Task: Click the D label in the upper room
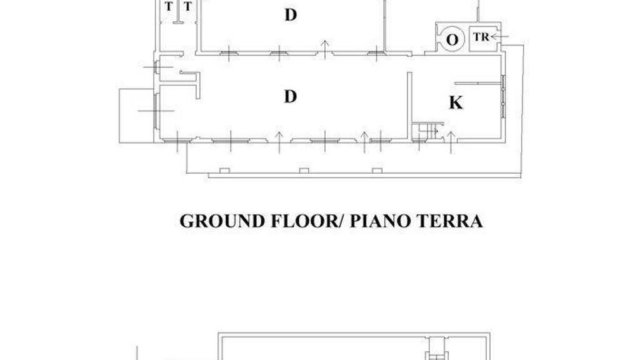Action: click(x=290, y=15)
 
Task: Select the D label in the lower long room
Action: click(x=290, y=97)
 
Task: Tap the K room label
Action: click(x=456, y=102)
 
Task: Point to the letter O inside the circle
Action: click(x=452, y=40)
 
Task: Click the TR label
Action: click(x=481, y=37)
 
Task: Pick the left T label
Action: click(x=169, y=6)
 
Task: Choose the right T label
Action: click(x=187, y=6)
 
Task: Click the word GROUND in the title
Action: click(x=222, y=221)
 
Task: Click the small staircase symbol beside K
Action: click(x=427, y=131)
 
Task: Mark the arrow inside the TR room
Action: click(x=499, y=37)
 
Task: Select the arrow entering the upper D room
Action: click(x=325, y=50)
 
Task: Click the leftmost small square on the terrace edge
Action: click(x=224, y=171)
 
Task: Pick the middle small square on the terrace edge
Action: click(x=304, y=171)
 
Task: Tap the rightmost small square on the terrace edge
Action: click(x=377, y=171)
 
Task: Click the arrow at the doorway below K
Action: click(x=451, y=142)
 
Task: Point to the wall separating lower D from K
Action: click(x=409, y=107)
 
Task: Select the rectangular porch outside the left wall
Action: click(x=137, y=116)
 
